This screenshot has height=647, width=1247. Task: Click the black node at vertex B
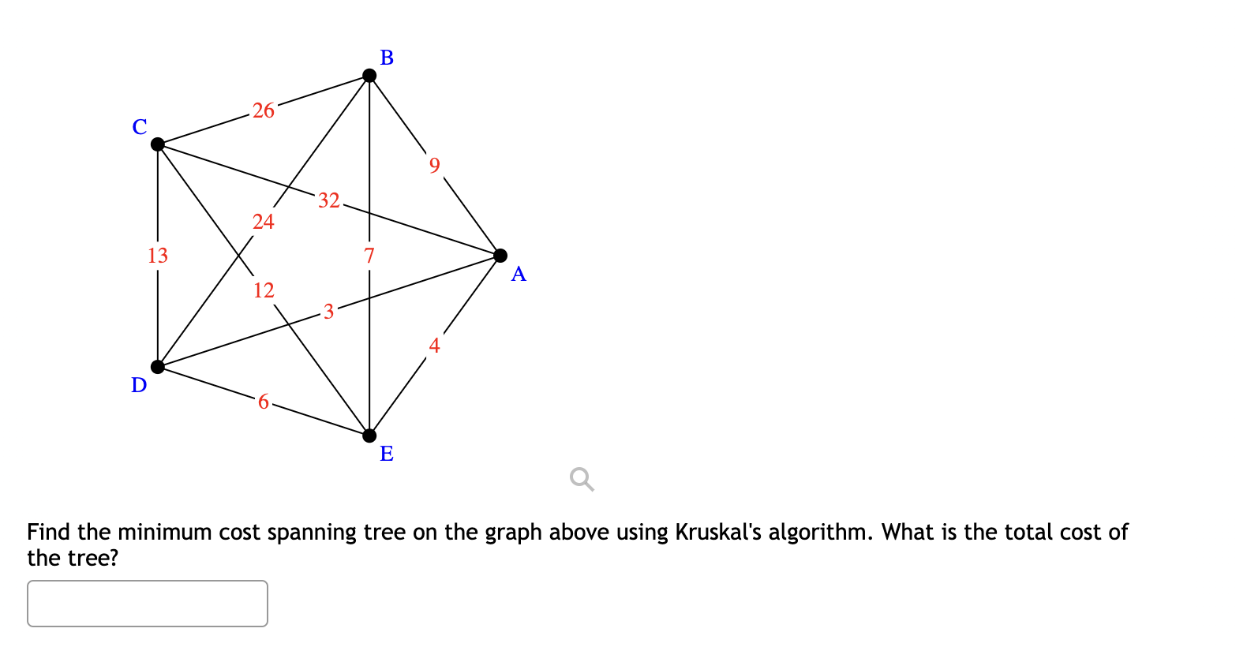point(369,76)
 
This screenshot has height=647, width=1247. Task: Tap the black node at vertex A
point(500,255)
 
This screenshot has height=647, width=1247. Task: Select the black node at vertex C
point(158,144)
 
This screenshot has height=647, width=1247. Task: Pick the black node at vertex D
point(158,366)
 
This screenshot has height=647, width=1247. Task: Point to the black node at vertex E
point(369,436)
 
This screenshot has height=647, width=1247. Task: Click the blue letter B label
point(387,58)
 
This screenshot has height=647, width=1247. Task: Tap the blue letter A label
point(519,274)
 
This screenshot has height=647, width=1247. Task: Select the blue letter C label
point(140,127)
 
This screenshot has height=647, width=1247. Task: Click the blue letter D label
point(139,385)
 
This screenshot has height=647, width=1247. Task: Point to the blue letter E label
point(387,454)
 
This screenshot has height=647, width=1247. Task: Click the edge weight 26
point(264,110)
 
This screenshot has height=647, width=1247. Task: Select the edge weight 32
point(329,200)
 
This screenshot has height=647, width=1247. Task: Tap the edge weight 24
point(264,222)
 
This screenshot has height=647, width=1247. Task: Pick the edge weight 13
point(158,256)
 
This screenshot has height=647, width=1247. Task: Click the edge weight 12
point(264,290)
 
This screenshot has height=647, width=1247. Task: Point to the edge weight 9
point(434,165)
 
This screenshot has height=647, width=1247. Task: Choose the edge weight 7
point(369,256)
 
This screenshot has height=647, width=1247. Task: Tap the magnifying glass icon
point(582,479)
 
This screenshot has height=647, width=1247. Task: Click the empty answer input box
point(148,604)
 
